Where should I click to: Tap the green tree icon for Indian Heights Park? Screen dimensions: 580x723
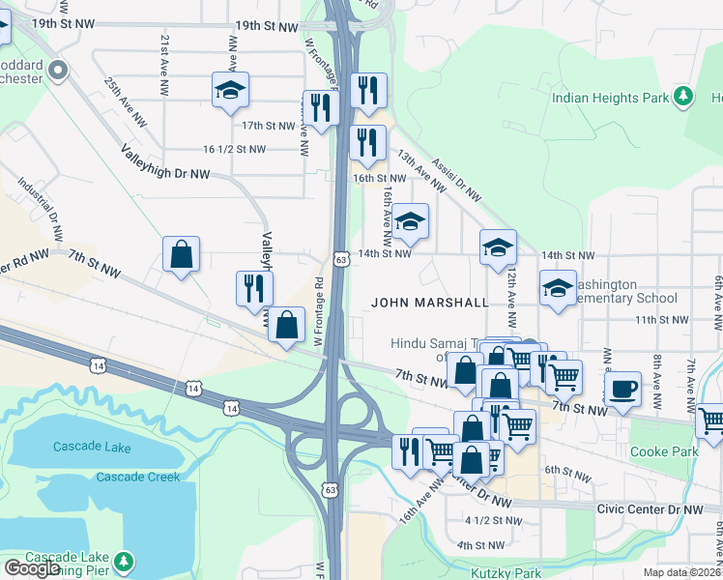tap(684, 96)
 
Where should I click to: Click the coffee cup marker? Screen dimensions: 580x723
tap(622, 389)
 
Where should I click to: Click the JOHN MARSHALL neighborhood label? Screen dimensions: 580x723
tap(430, 303)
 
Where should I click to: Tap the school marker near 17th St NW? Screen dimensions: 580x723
tap(230, 91)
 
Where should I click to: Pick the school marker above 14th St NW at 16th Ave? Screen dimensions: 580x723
tap(410, 221)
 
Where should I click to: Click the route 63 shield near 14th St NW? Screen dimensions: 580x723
tap(340, 259)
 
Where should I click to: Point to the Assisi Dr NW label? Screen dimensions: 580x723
tap(456, 181)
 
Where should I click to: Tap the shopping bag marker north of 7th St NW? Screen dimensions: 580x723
tap(181, 255)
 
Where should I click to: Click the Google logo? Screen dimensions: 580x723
tap(32, 568)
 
